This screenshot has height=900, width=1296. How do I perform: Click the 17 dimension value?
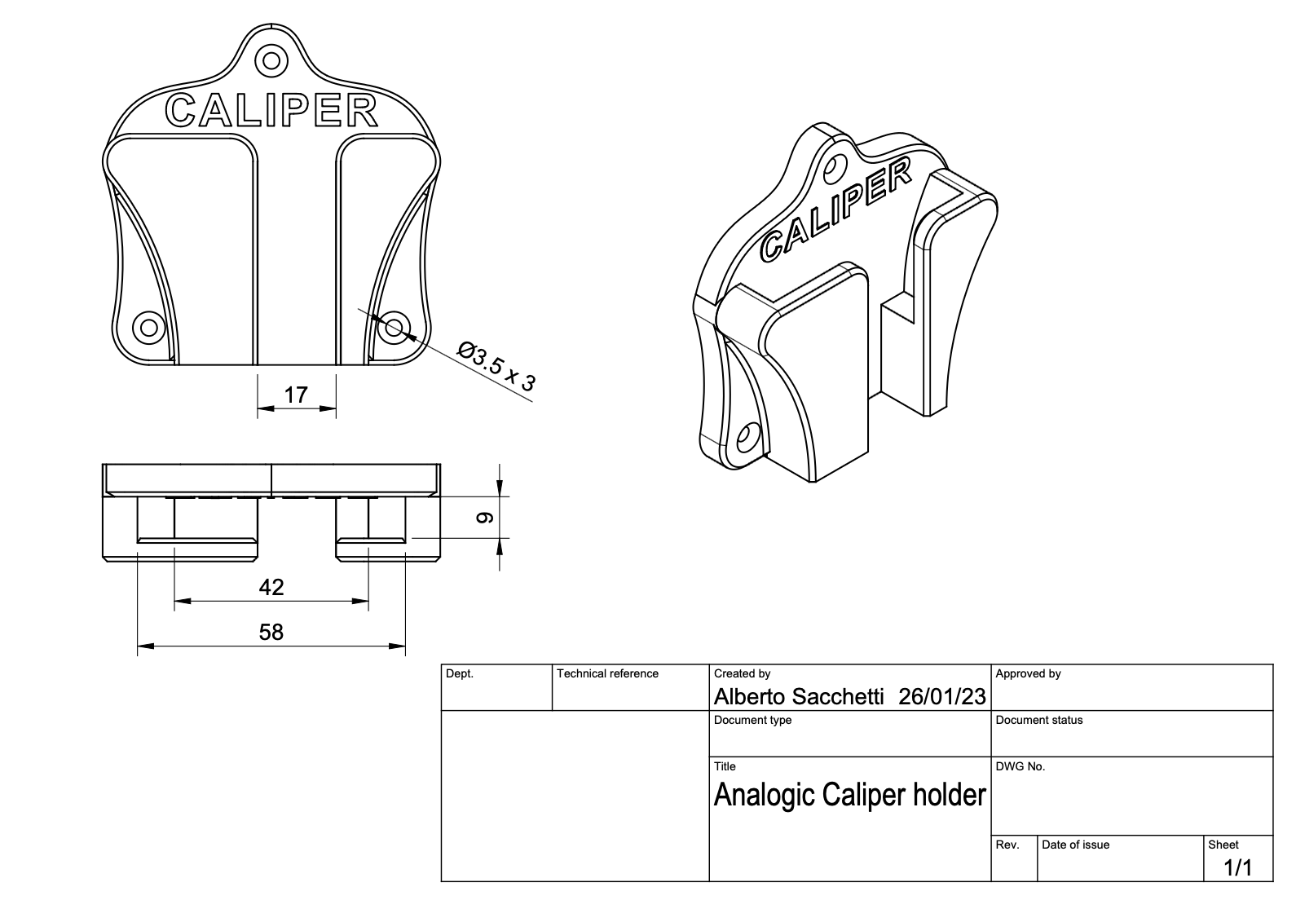click(296, 395)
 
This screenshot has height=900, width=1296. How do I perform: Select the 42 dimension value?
click(271, 587)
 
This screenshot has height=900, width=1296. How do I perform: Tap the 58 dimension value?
click(271, 632)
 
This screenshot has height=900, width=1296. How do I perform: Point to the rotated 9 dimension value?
click(484, 518)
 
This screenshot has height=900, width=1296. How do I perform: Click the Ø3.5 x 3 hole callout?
click(496, 368)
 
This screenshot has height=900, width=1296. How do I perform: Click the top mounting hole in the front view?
click(271, 60)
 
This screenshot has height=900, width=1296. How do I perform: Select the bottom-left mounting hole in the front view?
click(148, 328)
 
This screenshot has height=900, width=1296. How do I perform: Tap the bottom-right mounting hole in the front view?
click(395, 328)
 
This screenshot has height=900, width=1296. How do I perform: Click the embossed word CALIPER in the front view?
click(271, 112)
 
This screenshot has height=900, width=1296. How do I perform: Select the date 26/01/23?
click(941, 697)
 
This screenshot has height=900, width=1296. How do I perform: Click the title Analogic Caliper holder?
click(849, 794)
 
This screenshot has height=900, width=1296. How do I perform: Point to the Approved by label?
click(1028, 674)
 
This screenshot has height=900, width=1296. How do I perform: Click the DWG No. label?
click(1020, 767)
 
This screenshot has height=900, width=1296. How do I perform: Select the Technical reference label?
click(607, 674)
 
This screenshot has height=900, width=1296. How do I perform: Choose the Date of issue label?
click(1075, 845)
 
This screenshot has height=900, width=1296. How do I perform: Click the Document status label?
click(1039, 721)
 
